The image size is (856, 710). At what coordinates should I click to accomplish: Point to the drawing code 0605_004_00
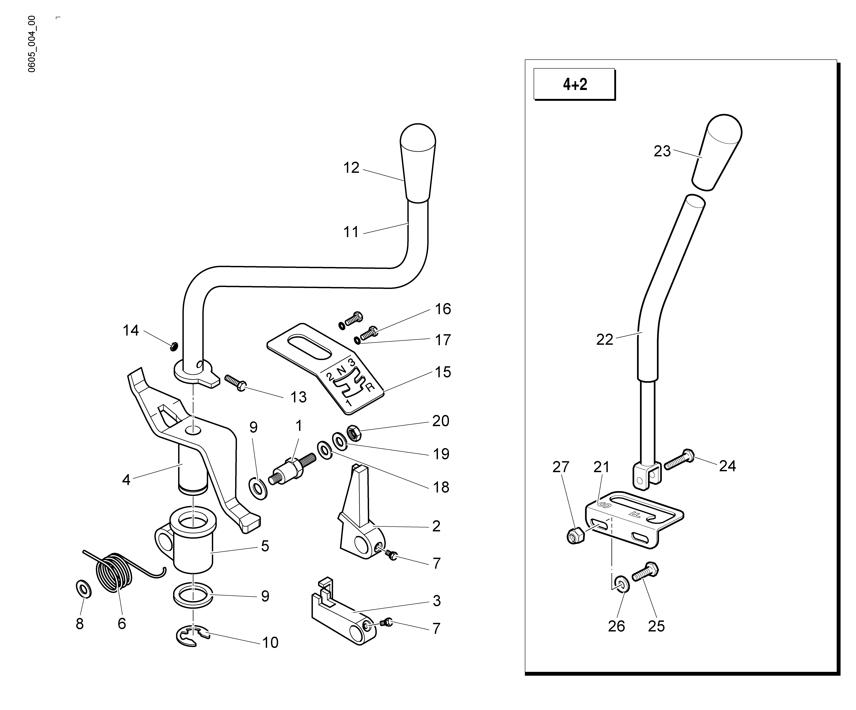[x=32, y=44]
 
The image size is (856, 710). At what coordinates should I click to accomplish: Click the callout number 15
[x=443, y=372]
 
